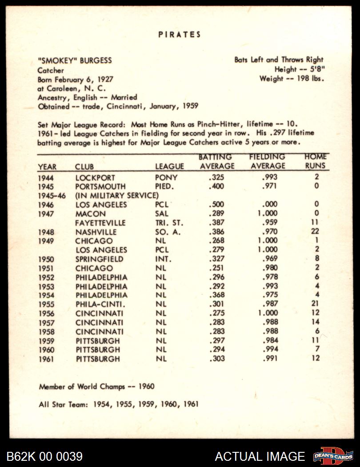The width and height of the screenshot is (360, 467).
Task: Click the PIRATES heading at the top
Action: pos(180,34)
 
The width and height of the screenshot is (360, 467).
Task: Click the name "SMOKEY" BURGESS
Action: pos(75,60)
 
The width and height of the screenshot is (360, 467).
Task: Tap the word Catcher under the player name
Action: pos(51,70)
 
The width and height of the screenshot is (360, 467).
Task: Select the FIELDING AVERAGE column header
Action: pos(267,161)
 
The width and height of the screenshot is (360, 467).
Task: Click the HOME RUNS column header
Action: pos(316,161)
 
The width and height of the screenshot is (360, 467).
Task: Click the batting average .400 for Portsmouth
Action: pos(216,186)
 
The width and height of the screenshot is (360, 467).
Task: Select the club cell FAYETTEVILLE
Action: pos(100,223)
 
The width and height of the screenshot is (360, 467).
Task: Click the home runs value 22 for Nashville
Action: pos(315,232)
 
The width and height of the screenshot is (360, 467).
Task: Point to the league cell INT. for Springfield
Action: pos(164,259)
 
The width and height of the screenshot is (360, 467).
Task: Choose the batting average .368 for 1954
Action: pos(216,295)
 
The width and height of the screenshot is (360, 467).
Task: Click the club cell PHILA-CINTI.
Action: pos(100,304)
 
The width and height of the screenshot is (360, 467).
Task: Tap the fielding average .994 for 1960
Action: pos(269,350)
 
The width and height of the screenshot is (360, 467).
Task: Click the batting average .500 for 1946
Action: pos(216,205)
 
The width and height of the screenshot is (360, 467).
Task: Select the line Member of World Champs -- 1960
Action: pos(96,386)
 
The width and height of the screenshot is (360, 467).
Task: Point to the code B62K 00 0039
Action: pos(44,456)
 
